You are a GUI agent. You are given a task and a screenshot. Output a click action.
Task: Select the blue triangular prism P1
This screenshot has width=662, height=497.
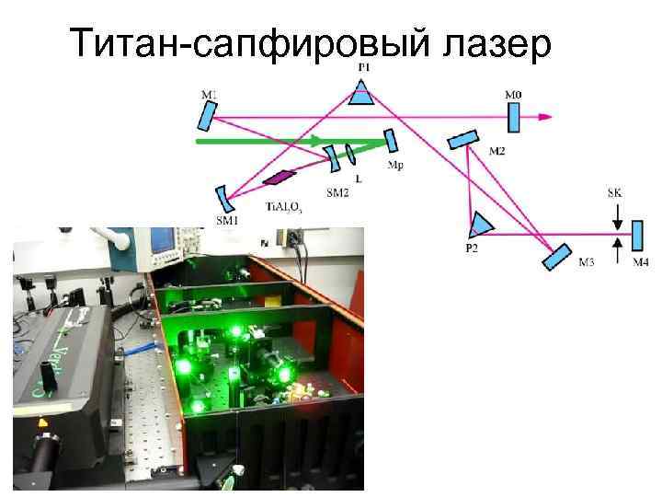click(x=363, y=91)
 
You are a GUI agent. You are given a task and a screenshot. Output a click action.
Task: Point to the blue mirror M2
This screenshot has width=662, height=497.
click(x=462, y=138)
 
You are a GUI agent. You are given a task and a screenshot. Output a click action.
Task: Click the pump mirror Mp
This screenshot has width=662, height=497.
click(x=390, y=140)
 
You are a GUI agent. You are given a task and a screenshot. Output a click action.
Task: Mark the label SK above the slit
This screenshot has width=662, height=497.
click(x=615, y=193)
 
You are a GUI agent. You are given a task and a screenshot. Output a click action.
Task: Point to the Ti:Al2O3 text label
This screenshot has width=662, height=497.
click(x=283, y=208)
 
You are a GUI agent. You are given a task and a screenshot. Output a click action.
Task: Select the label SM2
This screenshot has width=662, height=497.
click(x=337, y=192)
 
